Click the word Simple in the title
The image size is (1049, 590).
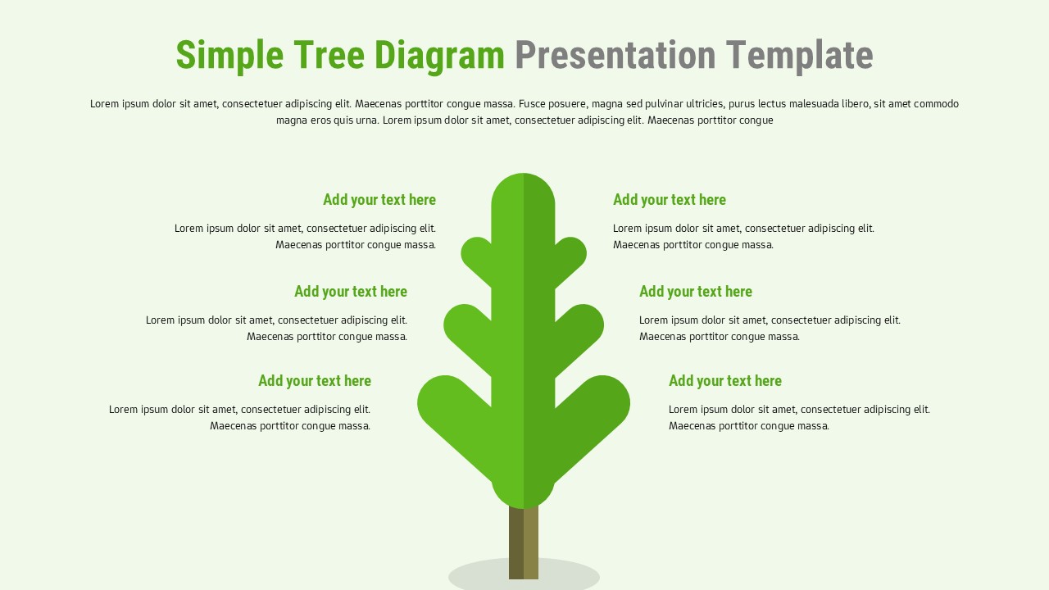point(229,56)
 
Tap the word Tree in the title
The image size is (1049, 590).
point(329,56)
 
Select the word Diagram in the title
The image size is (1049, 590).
point(439,56)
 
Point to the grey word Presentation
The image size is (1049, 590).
point(615,56)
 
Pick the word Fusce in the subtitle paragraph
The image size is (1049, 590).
point(534,104)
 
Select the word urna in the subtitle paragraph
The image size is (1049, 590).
point(366,120)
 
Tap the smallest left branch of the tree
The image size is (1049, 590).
point(478,255)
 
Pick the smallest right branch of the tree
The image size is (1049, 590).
point(570,255)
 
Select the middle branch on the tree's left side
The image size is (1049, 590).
point(465,329)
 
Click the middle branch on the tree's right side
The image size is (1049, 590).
point(583,329)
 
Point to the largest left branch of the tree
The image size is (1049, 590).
point(447,406)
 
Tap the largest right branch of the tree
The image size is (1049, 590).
point(600,406)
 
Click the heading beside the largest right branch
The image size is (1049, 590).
point(724,381)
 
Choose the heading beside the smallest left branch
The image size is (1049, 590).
point(379,200)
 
